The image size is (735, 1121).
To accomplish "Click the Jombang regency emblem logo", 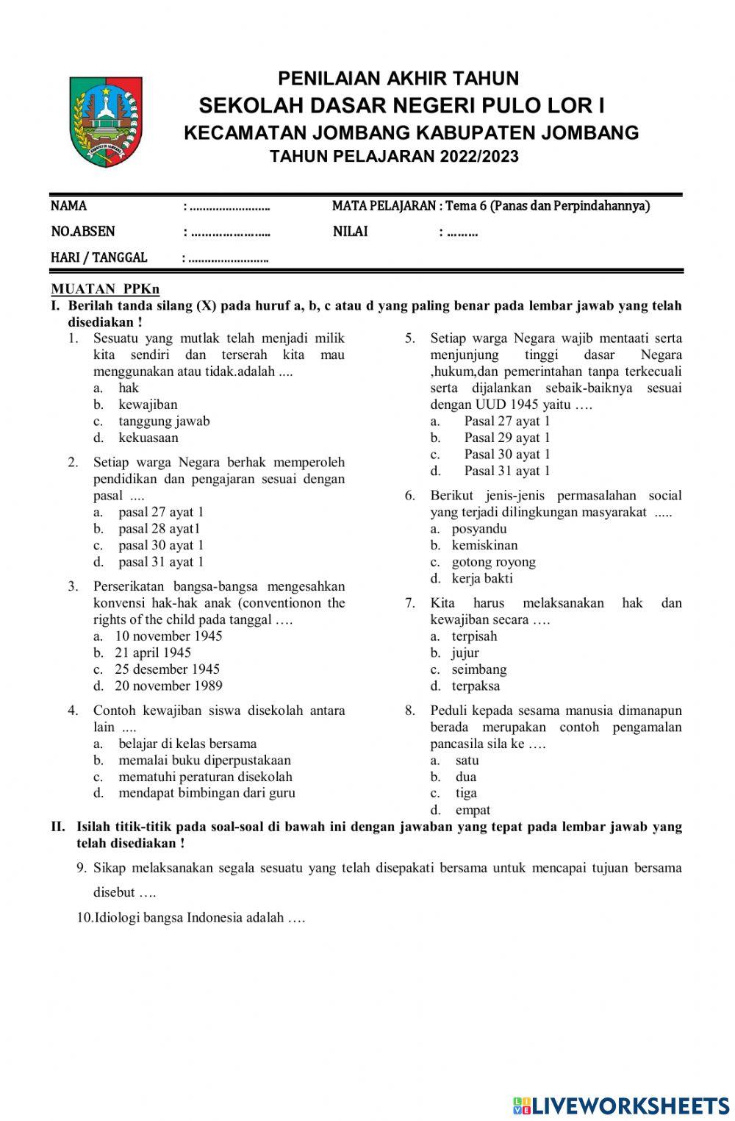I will [106, 121].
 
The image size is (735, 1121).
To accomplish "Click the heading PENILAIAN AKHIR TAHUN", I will [398, 79].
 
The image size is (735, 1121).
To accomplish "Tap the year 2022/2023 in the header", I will [479, 157].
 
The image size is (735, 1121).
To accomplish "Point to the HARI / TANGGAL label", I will [98, 257].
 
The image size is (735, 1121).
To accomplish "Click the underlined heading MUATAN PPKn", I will [105, 289].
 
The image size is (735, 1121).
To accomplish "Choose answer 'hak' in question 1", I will [129, 388].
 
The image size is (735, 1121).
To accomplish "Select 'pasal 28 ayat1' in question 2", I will [159, 528].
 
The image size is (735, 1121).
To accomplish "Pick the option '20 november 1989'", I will [168, 686].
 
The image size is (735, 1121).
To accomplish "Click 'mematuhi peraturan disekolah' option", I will [205, 777].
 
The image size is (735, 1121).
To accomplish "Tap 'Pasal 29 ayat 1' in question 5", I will [506, 438].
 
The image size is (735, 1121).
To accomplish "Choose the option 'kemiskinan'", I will [484, 545].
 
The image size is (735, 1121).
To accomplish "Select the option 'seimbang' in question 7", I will [479, 669].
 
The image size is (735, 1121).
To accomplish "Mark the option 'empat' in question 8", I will [473, 810].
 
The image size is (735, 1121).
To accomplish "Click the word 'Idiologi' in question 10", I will [120, 918].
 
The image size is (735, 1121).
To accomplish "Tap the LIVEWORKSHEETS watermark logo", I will [620, 1105].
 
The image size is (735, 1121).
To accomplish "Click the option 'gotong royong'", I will [493, 562].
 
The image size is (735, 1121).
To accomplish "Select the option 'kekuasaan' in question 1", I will [148, 438].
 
